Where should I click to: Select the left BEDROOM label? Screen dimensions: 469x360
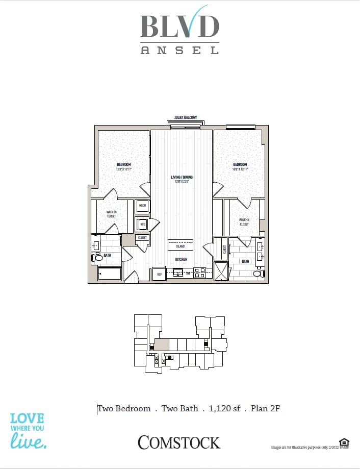pos(124,166)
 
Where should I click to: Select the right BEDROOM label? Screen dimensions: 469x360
pos(240,166)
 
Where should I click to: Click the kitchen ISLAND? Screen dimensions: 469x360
pos(181,244)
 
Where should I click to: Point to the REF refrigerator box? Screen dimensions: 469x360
pos(159,274)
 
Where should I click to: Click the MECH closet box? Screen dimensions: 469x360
pos(142,206)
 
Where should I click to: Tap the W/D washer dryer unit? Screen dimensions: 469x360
pos(142,224)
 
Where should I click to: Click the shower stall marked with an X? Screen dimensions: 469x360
pos(221,270)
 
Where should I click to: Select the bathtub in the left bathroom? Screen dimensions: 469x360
pos(109,274)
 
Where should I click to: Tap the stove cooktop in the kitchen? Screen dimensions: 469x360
pos(199,273)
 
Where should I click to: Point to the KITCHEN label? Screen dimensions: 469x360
pos(182,259)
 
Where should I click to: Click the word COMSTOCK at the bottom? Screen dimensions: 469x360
pos(179,442)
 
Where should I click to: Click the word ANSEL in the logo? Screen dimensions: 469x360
pos(179,50)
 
